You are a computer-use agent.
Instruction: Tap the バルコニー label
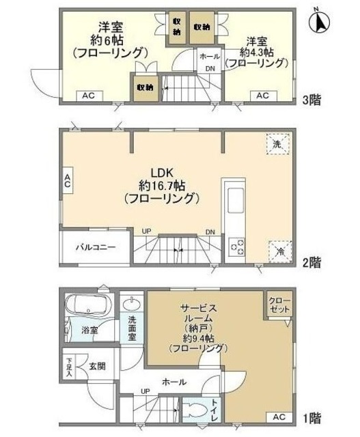tap(95, 248)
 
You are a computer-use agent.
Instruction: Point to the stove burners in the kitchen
tap(236, 246)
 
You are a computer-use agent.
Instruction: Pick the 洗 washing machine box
tap(277, 144)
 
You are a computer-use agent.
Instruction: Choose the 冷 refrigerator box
tap(279, 251)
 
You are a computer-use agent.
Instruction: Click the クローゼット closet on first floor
tap(279, 305)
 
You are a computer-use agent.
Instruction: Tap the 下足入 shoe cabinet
tap(70, 365)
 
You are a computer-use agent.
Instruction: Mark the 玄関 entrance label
tap(97, 366)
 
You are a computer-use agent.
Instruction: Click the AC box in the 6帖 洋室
tap(89, 96)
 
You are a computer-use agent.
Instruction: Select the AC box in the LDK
tap(68, 182)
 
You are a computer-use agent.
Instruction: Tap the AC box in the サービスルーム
tap(279, 416)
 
